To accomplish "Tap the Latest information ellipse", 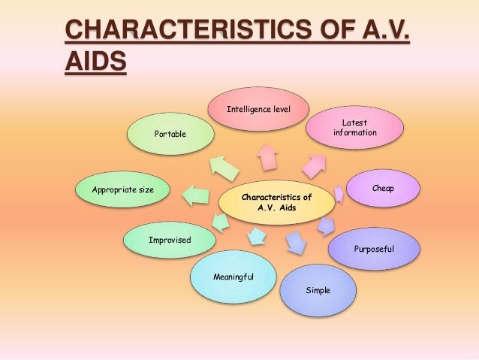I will (x=354, y=128).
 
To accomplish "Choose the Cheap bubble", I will (x=382, y=189).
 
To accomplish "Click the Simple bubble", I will (x=318, y=289).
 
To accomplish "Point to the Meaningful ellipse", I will (x=233, y=278).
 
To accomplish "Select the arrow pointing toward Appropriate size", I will (x=197, y=194).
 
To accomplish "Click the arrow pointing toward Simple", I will (x=296, y=241).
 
